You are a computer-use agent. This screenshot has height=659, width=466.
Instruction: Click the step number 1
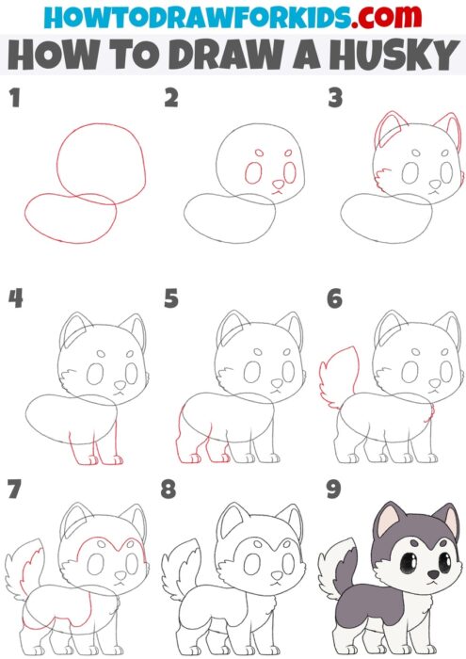(x=13, y=97)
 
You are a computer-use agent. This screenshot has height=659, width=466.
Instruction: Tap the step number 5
(x=171, y=299)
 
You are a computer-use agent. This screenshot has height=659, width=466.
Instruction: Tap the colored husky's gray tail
(x=336, y=574)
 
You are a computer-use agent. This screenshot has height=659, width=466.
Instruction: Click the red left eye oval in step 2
(x=251, y=172)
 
